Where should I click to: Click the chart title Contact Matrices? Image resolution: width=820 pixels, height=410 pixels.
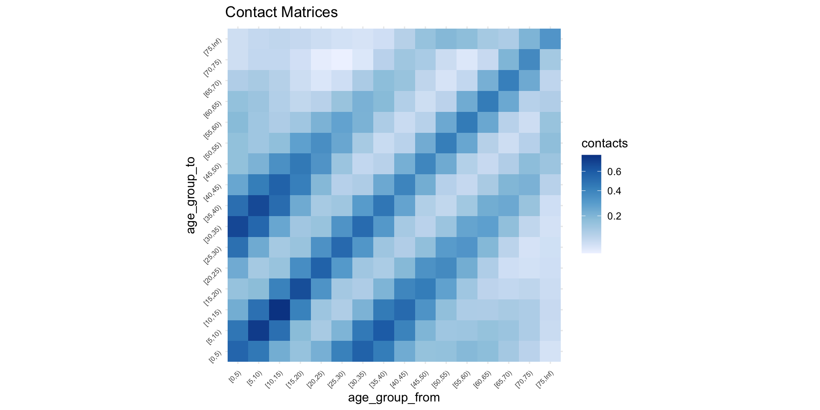coord(281,12)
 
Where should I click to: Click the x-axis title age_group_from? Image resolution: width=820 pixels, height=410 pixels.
coord(394,398)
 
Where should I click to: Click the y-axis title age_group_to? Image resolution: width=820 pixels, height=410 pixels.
coord(190,195)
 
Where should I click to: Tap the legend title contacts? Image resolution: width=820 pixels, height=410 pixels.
coord(604,143)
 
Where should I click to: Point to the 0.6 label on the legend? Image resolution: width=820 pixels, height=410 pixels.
coord(614,172)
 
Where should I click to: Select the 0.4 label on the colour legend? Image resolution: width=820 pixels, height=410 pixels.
coord(614,191)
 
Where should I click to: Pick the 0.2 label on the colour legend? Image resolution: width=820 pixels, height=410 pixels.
coord(614,216)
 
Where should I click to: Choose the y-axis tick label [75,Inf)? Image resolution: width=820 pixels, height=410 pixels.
coord(213,47)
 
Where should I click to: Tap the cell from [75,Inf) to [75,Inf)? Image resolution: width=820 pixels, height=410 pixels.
coord(550,39)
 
